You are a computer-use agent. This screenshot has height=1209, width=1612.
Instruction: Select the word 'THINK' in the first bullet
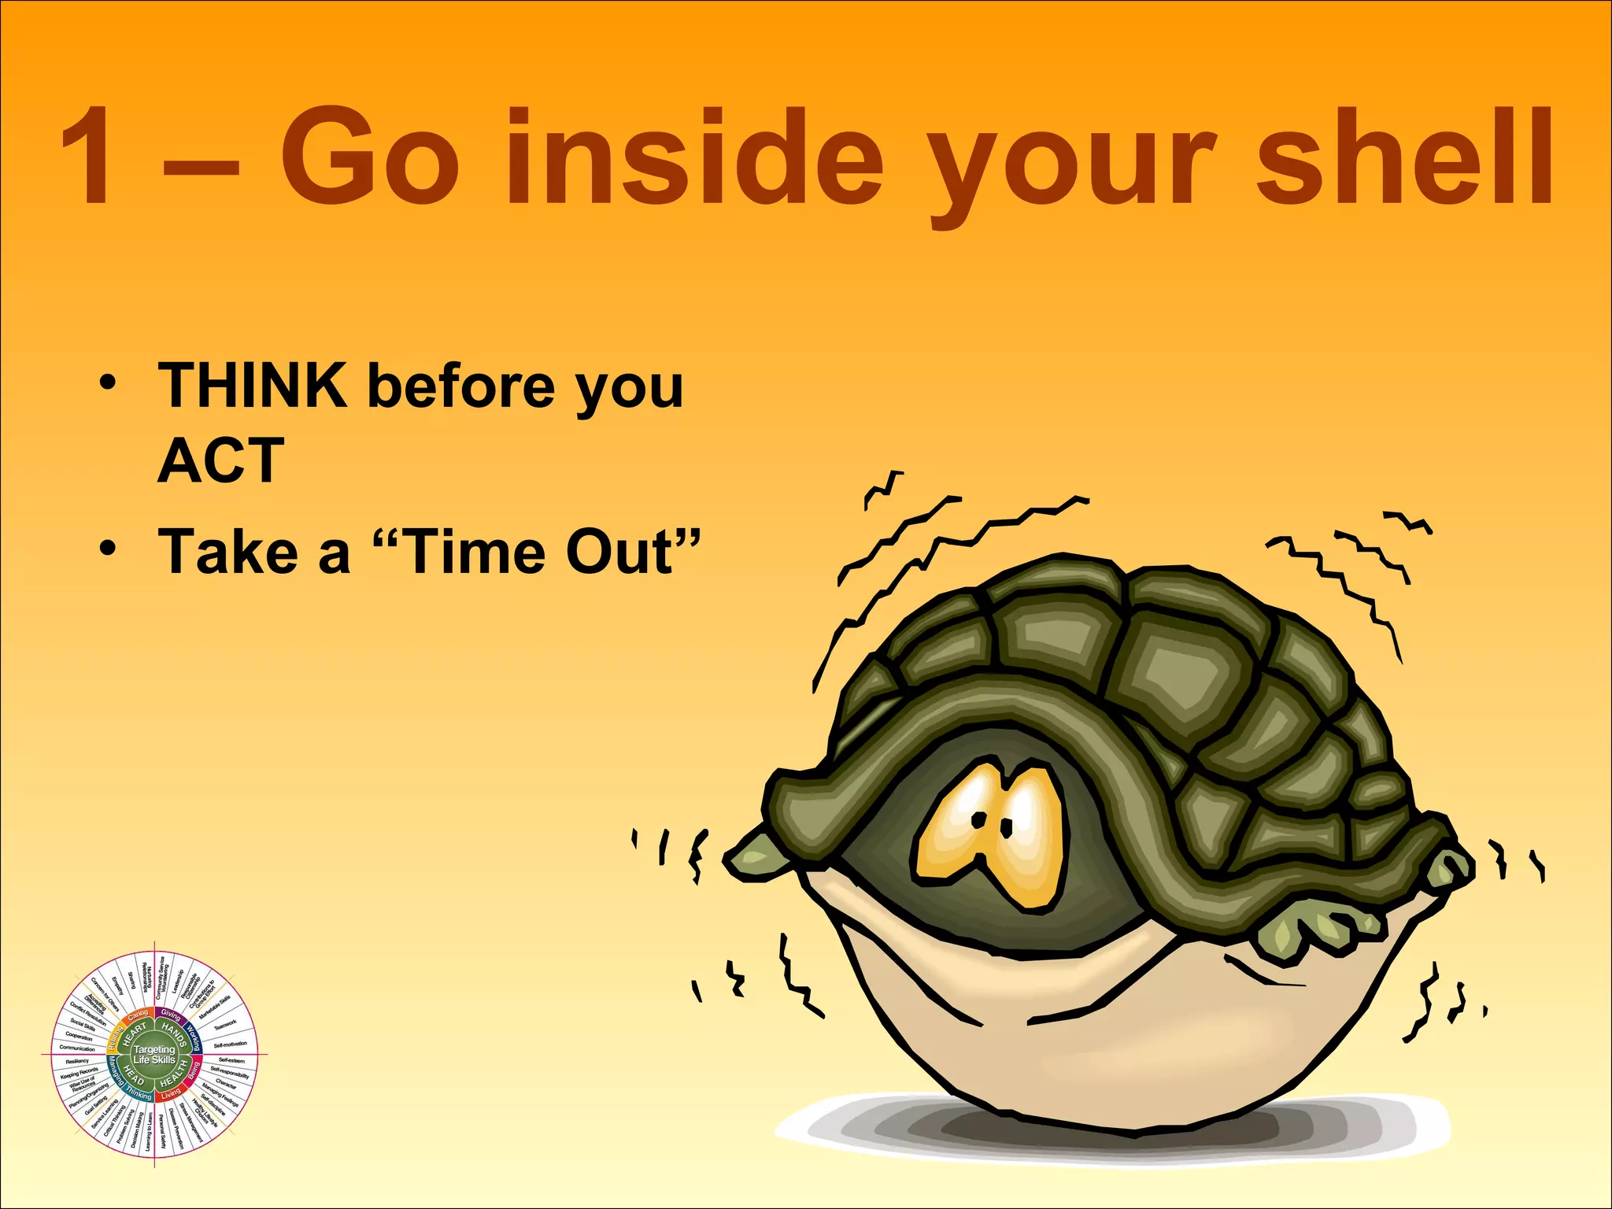(x=253, y=386)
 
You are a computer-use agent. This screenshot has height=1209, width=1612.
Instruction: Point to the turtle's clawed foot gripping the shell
(x=1307, y=929)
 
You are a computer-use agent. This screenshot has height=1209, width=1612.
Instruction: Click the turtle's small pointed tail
(x=752, y=854)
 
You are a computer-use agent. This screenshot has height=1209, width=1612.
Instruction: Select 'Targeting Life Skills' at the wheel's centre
(x=154, y=1055)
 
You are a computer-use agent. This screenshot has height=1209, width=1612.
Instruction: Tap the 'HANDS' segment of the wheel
(x=174, y=1033)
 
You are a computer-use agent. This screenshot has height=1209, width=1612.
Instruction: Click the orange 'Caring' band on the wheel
(x=138, y=1014)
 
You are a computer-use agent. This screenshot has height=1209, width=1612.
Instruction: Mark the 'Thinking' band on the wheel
(x=139, y=1096)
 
